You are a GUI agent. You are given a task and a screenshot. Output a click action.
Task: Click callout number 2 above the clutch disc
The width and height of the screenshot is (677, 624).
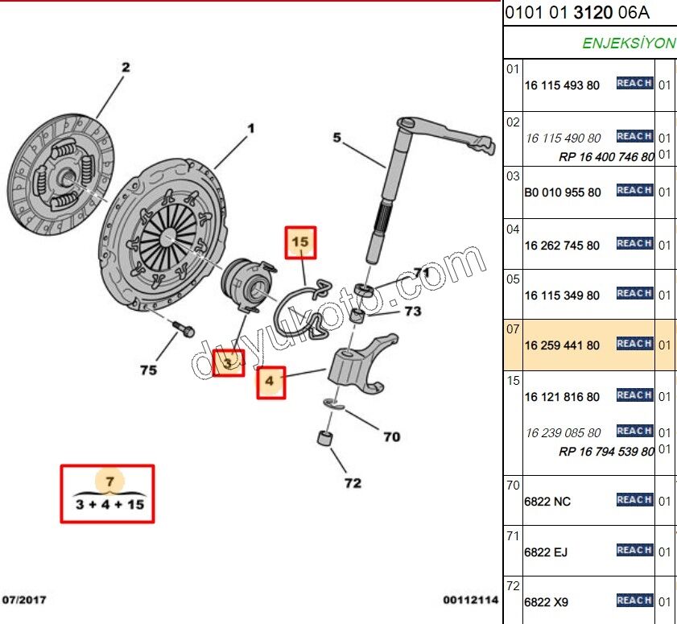[x=125, y=68]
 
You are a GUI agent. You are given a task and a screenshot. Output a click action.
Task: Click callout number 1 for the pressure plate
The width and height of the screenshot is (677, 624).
[x=250, y=128]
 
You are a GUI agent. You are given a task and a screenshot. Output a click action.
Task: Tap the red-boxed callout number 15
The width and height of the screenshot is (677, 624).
[x=299, y=242]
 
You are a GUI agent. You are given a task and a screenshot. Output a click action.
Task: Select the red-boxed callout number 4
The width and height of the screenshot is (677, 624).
[x=270, y=382]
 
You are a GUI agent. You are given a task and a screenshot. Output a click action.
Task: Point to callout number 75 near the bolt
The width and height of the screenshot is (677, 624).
[x=148, y=370]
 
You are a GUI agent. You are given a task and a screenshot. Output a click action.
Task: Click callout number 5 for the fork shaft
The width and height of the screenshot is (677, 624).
[x=337, y=138]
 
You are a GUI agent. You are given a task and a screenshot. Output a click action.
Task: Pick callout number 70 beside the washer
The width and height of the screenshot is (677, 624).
[x=391, y=437]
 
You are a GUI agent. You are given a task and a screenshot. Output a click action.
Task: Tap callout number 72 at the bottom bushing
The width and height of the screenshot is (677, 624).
[x=353, y=483]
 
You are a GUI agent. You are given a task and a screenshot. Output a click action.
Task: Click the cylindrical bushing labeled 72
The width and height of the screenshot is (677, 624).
[x=324, y=440]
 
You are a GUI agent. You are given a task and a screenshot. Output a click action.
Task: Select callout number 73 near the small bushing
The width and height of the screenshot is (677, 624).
[x=412, y=312]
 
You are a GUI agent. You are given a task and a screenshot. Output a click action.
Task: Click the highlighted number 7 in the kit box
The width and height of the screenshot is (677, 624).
[x=111, y=481]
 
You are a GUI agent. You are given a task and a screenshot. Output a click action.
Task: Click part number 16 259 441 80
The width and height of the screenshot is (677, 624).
[x=562, y=345]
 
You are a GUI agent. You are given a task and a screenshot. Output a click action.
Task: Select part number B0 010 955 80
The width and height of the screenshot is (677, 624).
[x=562, y=192]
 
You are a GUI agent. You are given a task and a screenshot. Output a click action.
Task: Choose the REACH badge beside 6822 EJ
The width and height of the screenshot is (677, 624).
[x=634, y=550]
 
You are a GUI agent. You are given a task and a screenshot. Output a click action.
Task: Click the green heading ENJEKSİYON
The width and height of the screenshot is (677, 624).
[x=629, y=43]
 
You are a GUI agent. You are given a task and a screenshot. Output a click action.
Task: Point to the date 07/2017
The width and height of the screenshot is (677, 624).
[x=25, y=600]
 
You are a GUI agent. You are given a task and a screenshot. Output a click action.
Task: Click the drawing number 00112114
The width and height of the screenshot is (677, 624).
[x=470, y=600]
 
